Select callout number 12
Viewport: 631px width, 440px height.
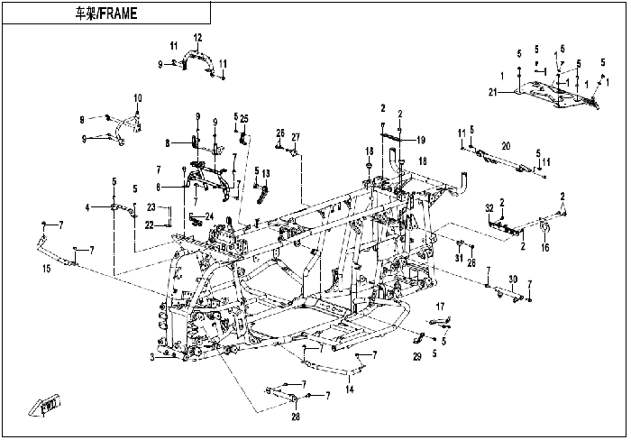(197, 38)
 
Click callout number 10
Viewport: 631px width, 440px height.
(138, 97)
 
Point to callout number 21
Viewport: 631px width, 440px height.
(493, 93)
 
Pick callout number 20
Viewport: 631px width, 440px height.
(506, 146)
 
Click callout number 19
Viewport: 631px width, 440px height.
(421, 140)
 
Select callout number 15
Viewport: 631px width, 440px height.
(47, 269)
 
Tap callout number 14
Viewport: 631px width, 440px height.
(350, 390)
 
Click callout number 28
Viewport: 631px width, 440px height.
(296, 417)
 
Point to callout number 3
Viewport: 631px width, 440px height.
(152, 357)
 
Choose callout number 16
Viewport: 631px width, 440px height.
(544, 247)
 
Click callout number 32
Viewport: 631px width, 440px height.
(489, 208)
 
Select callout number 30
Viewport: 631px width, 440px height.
(513, 280)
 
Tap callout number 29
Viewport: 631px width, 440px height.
(417, 357)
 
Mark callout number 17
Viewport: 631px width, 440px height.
(440, 307)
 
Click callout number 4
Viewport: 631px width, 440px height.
(87, 207)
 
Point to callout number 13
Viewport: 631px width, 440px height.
(266, 173)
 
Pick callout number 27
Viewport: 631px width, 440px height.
(296, 137)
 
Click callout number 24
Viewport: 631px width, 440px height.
(209, 216)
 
